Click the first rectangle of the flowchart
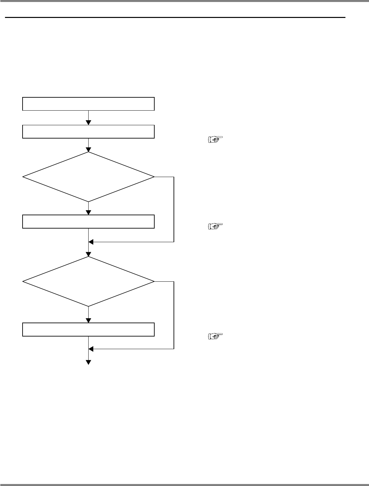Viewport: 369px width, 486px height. pyautogui.click(x=88, y=104)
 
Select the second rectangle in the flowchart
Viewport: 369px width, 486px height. pyautogui.click(x=88, y=131)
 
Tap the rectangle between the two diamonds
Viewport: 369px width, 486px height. pyautogui.click(x=88, y=222)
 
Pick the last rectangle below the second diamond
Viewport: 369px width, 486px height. pyautogui.click(x=88, y=329)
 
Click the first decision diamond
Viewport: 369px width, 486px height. pyautogui.click(x=88, y=177)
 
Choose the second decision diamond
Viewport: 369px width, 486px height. pyautogui.click(x=88, y=281)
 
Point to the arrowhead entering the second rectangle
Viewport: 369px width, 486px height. pyautogui.click(x=89, y=123)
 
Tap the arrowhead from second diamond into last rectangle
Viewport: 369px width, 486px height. pyautogui.click(x=89, y=320)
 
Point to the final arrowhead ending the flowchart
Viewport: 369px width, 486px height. pyautogui.click(x=89, y=362)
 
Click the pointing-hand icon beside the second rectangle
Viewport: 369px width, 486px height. pyautogui.click(x=216, y=140)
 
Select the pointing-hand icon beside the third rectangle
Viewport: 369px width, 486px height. pyautogui.click(x=216, y=227)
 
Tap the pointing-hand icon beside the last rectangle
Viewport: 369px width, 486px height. pyautogui.click(x=216, y=337)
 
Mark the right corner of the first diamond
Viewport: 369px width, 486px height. pyautogui.click(x=154, y=177)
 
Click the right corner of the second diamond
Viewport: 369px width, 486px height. pyautogui.click(x=154, y=281)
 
